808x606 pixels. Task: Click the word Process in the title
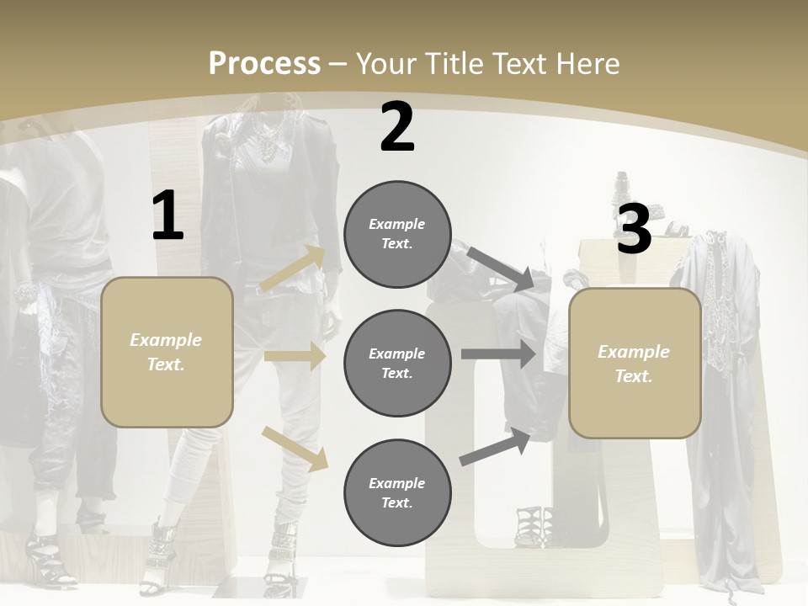264,63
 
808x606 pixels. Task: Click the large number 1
167,215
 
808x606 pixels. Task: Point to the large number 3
634,228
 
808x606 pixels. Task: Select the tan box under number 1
167,352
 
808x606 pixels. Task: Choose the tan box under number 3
635,363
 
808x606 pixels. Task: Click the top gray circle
397,234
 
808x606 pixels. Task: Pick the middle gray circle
397,363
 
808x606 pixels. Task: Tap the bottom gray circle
397,492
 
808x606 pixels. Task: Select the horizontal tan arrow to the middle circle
295,357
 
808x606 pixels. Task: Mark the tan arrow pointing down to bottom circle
295,448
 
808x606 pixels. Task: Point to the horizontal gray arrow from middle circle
498,353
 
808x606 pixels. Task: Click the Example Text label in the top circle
397,234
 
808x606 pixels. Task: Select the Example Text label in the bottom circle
397,492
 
